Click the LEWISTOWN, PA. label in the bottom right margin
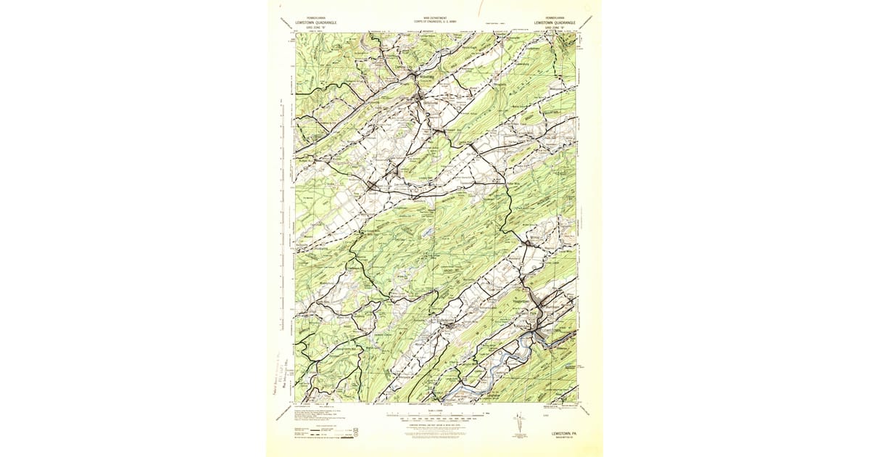tap(558, 432)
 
